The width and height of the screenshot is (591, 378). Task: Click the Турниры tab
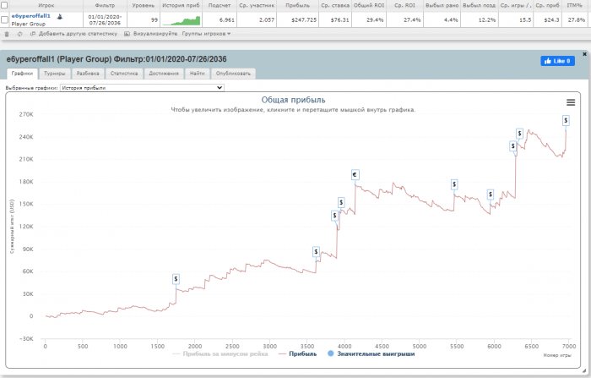[x=55, y=74]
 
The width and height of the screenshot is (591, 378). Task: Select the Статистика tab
[x=123, y=74]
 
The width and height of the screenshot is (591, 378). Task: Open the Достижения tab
[x=163, y=74]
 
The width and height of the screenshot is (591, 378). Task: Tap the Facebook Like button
[x=557, y=61]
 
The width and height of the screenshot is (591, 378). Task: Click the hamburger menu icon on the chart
[x=571, y=101]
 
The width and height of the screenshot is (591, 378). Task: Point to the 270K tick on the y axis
[x=25, y=114]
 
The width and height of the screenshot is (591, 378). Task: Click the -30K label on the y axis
[x=25, y=339]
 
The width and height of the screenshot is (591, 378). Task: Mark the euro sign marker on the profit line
[x=355, y=175]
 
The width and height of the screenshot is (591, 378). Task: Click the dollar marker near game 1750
[x=176, y=278]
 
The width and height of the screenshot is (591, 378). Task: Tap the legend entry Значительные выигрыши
[x=376, y=354]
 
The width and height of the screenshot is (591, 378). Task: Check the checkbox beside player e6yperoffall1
[x=6, y=18]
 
